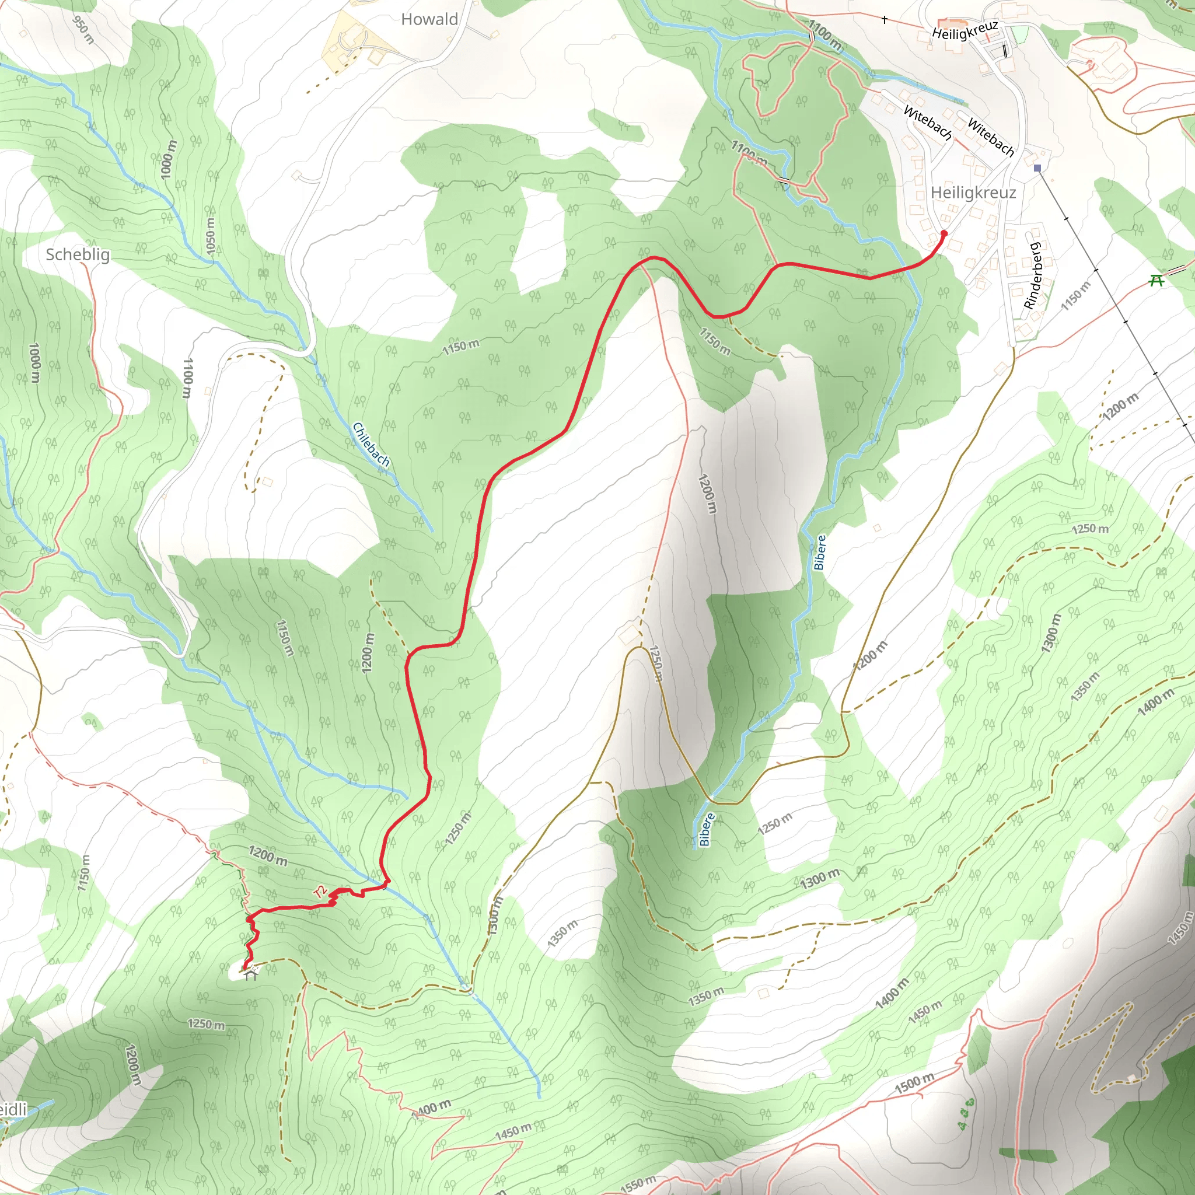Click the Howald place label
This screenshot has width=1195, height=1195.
429,20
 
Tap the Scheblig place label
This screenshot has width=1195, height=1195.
78,255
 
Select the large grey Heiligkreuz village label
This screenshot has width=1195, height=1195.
973,193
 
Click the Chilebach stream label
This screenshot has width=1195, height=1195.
371,444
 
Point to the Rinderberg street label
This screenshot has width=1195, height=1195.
1032,276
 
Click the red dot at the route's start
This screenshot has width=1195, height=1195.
944,233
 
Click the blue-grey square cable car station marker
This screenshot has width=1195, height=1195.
1037,167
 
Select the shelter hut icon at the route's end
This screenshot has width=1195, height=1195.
250,976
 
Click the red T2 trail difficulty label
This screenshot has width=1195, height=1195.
320,892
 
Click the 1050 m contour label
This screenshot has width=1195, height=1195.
210,236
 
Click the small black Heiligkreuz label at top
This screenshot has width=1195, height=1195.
965,30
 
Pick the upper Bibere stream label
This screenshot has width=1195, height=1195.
820,553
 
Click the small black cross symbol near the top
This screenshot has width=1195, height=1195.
885,20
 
